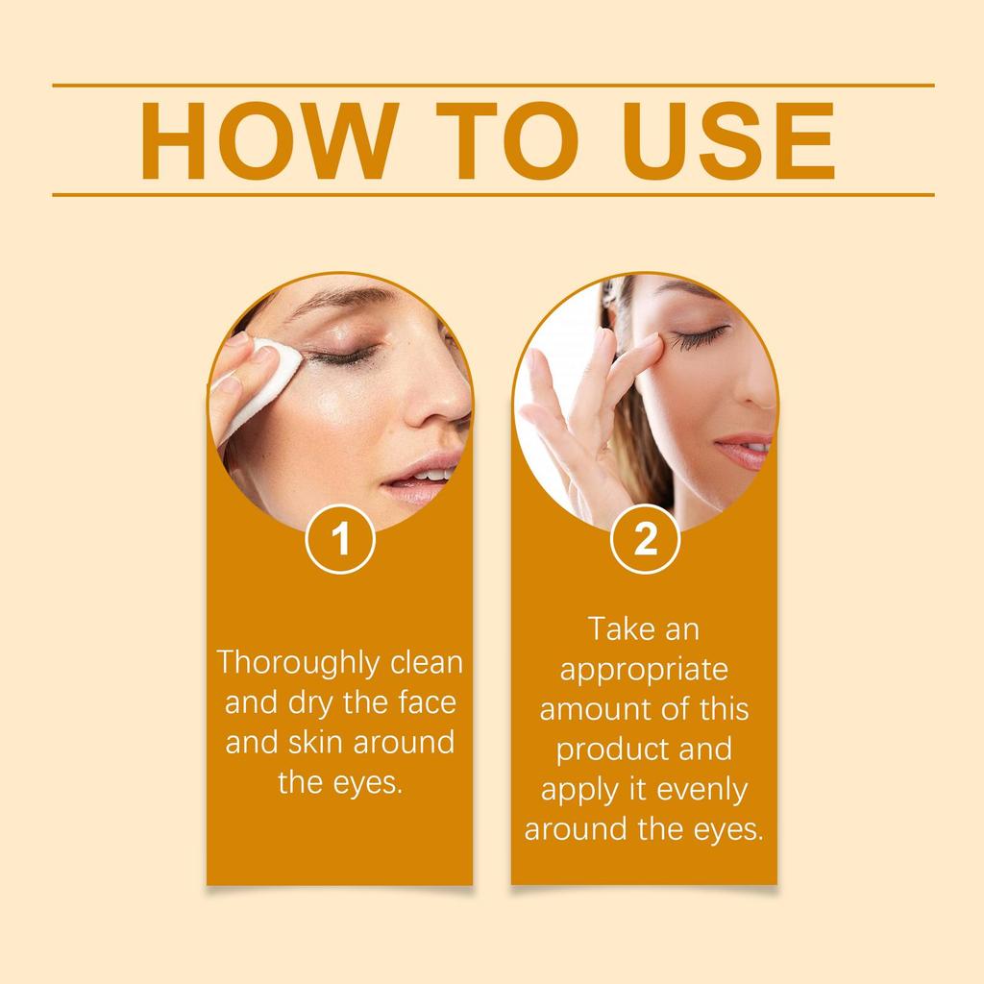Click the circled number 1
340,540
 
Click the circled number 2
646,540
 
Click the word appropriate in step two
644,670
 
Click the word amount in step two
587,709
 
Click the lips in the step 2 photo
746,450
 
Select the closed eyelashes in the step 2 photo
699,337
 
